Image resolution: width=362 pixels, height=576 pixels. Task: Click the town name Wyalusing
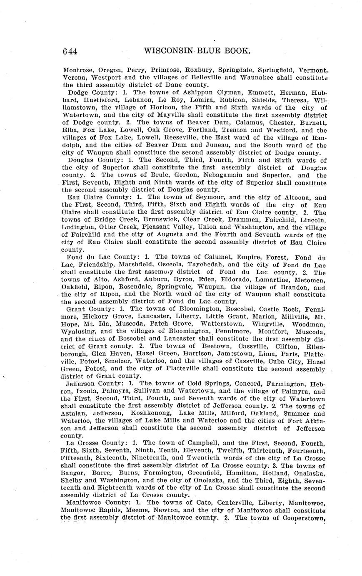coord(81,332)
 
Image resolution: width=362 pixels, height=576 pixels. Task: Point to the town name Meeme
coord(130,510)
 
